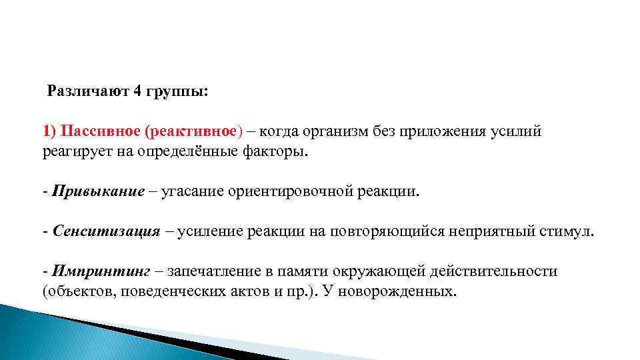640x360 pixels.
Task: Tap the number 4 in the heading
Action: click(137, 91)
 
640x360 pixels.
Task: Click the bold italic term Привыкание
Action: click(97, 192)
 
